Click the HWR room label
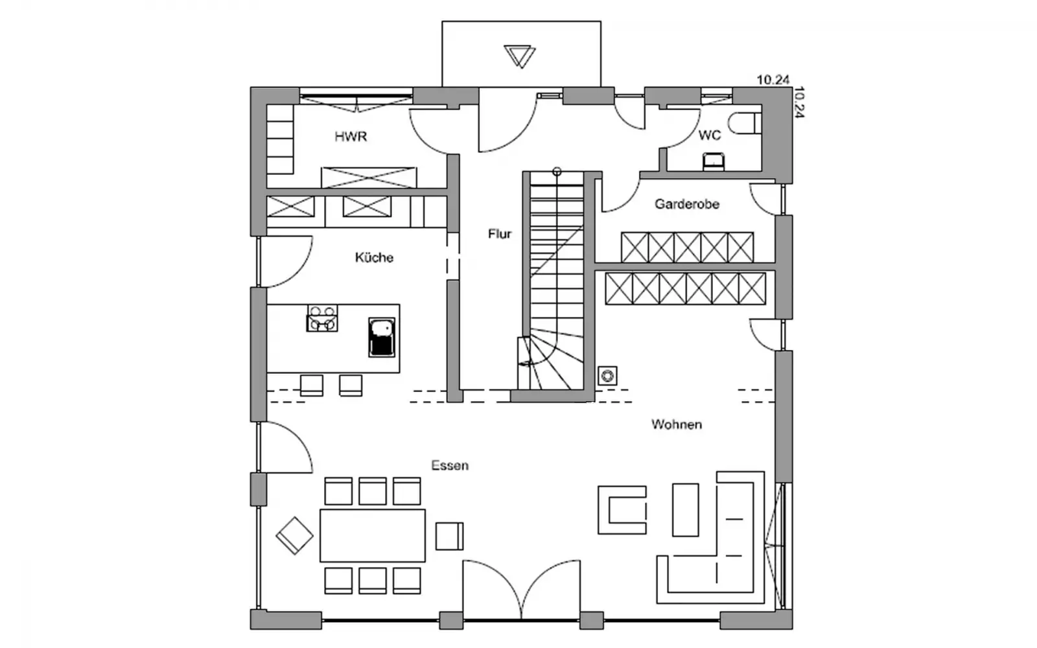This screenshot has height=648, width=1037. (351, 137)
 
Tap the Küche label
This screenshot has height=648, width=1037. (374, 257)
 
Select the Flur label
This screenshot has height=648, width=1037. (500, 234)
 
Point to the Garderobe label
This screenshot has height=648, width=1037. (687, 204)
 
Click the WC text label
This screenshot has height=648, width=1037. (710, 135)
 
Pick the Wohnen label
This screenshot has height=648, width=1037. (677, 424)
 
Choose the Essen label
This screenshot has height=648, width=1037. (450, 465)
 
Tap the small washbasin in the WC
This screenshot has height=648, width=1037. (714, 161)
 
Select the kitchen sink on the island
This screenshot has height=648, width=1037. (382, 337)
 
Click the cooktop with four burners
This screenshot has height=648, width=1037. (321, 318)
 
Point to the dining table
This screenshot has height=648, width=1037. (372, 535)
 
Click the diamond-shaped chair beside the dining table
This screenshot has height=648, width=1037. (294, 535)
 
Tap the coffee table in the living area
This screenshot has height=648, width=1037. (685, 510)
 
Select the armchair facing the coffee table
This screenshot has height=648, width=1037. (622, 510)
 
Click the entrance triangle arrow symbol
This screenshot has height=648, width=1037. (519, 56)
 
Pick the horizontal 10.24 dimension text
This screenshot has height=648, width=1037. (773, 80)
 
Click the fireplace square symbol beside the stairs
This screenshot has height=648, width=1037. (607, 376)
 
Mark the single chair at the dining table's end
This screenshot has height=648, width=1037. (449, 536)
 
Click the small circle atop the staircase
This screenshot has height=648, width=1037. (557, 172)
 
